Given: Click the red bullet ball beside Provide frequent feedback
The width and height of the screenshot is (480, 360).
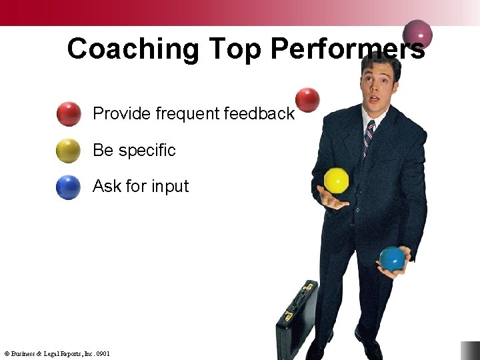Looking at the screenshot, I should [x=69, y=114].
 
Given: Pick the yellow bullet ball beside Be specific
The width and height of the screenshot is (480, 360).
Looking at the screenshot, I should [x=68, y=151].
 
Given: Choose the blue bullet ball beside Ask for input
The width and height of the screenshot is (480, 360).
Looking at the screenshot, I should [x=68, y=187].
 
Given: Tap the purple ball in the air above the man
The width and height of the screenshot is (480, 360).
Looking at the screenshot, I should [x=418, y=33].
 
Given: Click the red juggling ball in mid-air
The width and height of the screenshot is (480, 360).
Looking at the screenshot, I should [x=307, y=100].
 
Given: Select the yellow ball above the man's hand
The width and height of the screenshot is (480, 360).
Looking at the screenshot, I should [x=337, y=181].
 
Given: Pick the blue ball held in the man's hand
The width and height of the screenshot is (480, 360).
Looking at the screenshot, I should [x=392, y=259].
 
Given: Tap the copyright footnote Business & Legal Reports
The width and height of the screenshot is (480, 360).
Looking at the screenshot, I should [x=57, y=353].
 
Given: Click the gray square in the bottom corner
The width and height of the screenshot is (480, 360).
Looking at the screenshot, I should [x=470, y=351].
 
